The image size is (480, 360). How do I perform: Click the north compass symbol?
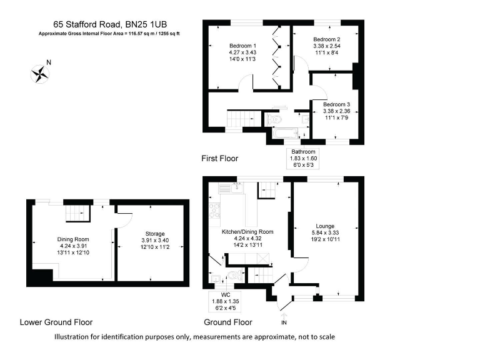click(40, 72)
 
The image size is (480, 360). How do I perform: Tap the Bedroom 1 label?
click(242, 46)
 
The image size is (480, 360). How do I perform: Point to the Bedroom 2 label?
click(326, 39)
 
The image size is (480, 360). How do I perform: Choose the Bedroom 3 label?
click(336, 104)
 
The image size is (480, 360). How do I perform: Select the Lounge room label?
click(325, 226)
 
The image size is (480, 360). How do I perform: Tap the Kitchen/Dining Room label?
click(247, 231)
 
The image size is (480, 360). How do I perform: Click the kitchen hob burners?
click(215, 212)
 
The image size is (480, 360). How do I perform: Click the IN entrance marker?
click(284, 322)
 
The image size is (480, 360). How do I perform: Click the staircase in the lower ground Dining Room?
click(78, 213)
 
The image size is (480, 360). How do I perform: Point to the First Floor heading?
click(219, 159)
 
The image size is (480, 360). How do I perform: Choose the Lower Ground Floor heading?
click(56, 322)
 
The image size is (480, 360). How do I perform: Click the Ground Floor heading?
click(228, 322)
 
